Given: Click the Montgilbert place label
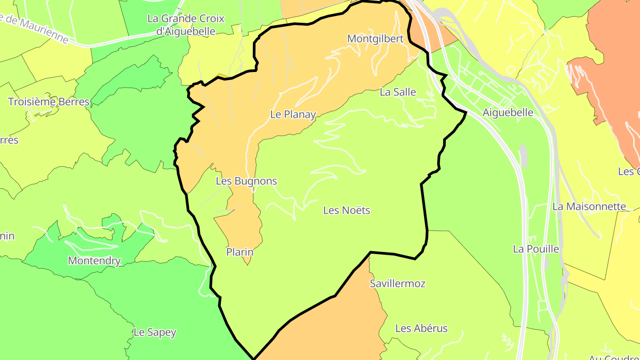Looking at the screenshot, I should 375,39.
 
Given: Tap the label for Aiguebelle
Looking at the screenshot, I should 508,112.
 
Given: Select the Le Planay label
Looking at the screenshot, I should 293,115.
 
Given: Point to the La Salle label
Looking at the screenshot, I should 398,92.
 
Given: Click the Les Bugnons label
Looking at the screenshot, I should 246,181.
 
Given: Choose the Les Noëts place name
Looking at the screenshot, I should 347,210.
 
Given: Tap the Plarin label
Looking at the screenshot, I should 240,252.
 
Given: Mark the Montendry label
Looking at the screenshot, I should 94,260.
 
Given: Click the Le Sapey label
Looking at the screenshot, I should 155,332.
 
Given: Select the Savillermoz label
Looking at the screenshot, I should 397,284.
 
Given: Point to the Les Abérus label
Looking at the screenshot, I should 421,328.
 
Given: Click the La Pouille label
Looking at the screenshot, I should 536,249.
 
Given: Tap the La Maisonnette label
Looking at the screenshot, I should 589,207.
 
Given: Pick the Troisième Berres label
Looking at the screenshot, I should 49,102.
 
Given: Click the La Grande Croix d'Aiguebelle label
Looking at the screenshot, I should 186,25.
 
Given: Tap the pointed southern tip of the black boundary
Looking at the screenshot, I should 253,358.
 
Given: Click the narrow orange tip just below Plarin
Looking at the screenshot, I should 248,263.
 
